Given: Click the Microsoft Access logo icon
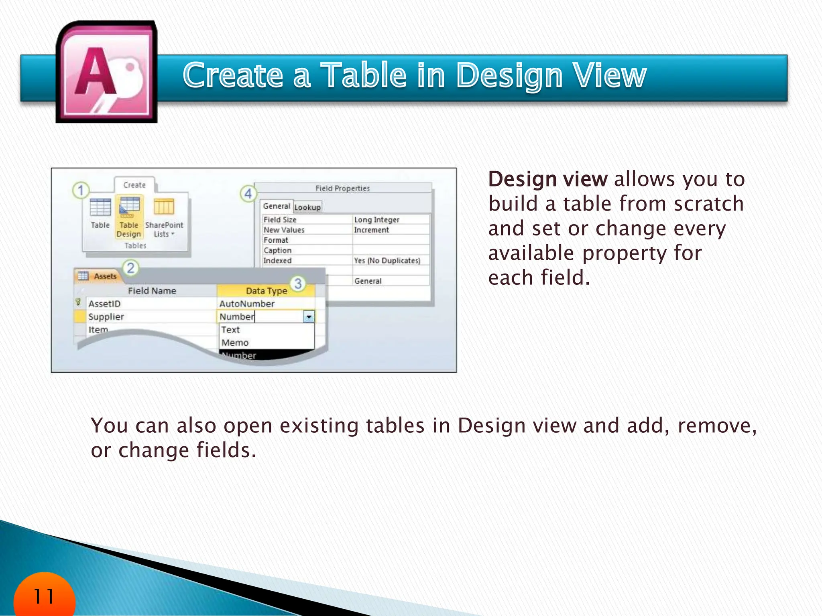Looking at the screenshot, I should click(107, 72).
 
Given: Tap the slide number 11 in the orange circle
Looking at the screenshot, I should click(44, 596).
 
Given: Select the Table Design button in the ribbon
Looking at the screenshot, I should click(129, 217).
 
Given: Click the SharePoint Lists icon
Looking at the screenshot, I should click(164, 207).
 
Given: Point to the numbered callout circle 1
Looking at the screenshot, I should click(81, 190).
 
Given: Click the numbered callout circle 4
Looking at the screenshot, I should click(248, 194).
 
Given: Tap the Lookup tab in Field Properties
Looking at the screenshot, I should click(307, 207).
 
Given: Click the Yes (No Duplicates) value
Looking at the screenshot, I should click(387, 260).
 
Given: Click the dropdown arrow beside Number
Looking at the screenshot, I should click(309, 317).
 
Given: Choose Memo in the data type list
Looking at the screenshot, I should click(235, 342).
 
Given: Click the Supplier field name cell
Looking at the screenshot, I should click(106, 316).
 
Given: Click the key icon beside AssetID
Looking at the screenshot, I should click(78, 302).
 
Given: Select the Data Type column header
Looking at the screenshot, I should click(266, 291).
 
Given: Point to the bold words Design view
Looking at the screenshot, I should click(547, 179).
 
